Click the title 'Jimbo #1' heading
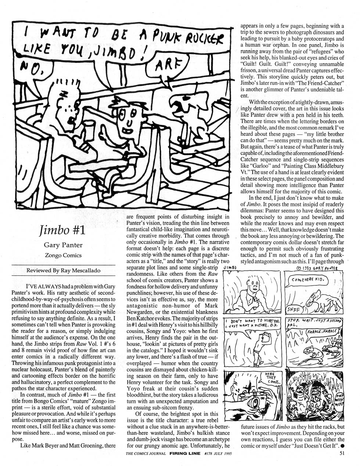click(x=62, y=230)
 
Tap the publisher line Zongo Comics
click(x=63, y=255)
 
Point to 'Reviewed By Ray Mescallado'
click(x=63, y=271)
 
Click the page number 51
click(x=341, y=454)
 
